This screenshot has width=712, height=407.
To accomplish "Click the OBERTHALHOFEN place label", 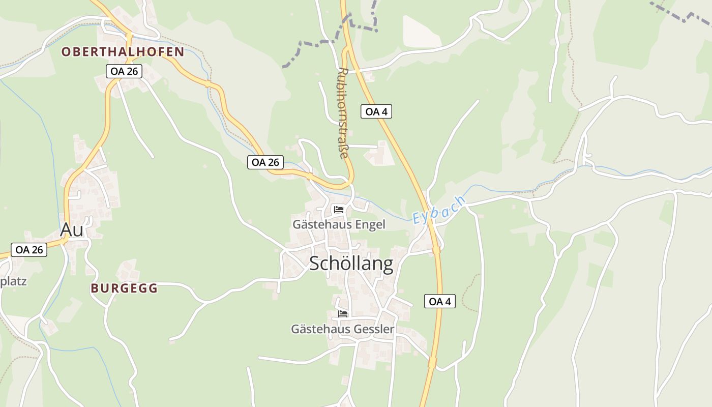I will coord(123,52).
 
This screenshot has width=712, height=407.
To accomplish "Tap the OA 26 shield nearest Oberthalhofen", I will coord(124,71).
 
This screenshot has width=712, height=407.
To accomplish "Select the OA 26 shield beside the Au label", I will coord(28,250).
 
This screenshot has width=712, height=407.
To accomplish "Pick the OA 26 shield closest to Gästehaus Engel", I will coord(265,162).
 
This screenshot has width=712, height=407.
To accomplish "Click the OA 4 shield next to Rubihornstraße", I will coord(376,111).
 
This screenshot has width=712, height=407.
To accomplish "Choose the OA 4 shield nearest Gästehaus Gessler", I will coord(440,301).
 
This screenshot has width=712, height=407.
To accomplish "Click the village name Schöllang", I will coord(351,264).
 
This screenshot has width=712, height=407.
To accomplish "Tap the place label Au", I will coord(72,230).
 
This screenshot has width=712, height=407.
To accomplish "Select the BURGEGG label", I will coord(124,288).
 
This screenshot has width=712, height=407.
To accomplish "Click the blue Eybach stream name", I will coord(439,210).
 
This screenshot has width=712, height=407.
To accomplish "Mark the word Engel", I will coord(370,224).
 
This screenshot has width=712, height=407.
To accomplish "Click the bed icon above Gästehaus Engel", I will coord(339,209).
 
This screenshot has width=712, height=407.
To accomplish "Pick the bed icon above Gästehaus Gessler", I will coord(343,314).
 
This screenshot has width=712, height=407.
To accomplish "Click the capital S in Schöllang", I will coord(316,264).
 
